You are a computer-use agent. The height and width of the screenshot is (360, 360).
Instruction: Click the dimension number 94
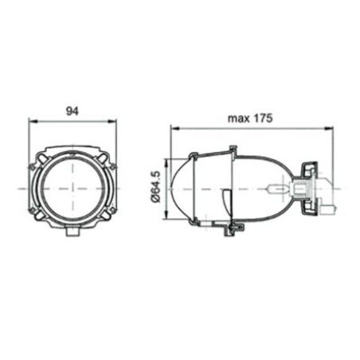72,112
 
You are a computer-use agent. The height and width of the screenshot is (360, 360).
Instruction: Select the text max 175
250,118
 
